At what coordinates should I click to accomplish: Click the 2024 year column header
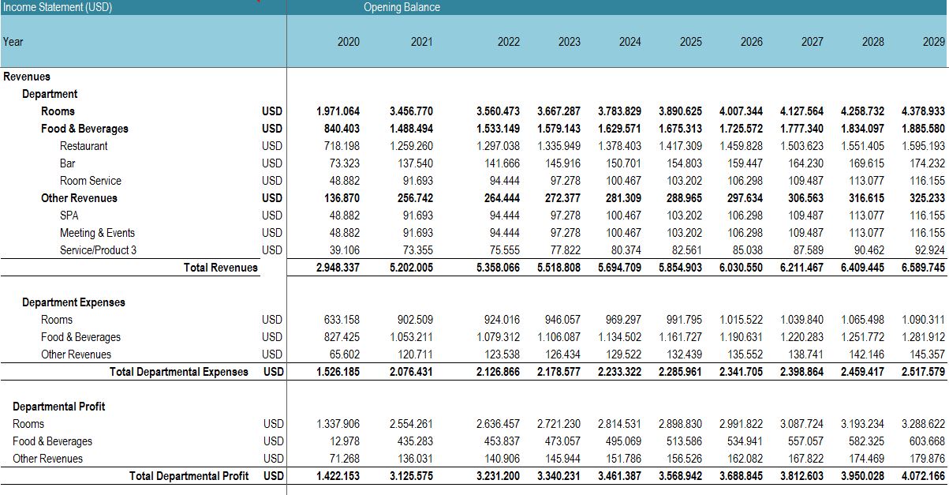coord(630,42)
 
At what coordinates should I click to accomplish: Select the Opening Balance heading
coord(402,7)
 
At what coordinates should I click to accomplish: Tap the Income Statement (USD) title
coord(58,7)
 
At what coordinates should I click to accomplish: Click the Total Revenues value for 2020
coord(338,268)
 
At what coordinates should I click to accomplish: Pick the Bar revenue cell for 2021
coord(415,163)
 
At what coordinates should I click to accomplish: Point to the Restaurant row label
coord(84,146)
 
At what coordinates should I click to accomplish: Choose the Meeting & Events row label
coord(97,233)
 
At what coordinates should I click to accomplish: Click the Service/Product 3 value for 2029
coord(929,250)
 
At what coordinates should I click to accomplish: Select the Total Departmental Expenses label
coord(179,372)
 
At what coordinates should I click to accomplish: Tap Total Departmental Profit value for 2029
coord(923,476)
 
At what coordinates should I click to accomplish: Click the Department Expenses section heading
coord(73,302)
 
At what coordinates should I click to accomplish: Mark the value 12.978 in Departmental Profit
coord(345,441)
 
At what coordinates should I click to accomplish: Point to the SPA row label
coord(69,216)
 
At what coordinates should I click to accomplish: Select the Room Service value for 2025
coord(684,181)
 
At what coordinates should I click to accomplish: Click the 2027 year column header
coord(812,42)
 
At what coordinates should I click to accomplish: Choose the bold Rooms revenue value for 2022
coord(498,111)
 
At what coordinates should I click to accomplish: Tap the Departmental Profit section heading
coord(58,407)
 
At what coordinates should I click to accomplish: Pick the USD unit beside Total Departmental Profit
coord(273,476)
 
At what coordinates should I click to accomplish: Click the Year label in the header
coord(13,42)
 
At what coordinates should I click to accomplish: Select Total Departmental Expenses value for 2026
coord(741,372)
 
